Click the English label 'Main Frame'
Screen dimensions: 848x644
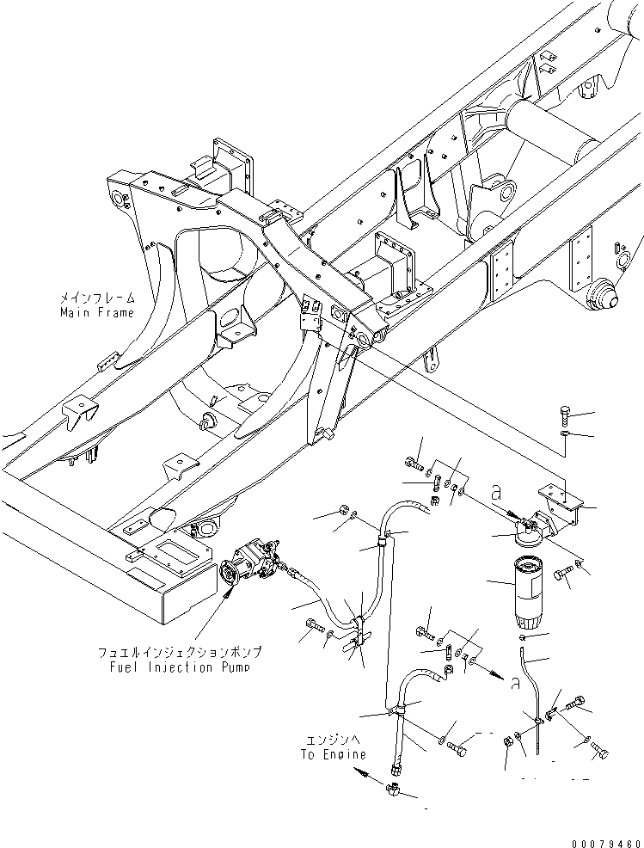[96, 312]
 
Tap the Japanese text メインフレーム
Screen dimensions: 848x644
[96, 298]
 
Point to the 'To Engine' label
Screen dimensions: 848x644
[334, 754]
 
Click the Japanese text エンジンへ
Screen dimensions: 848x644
[334, 740]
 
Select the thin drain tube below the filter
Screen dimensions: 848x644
[529, 679]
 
